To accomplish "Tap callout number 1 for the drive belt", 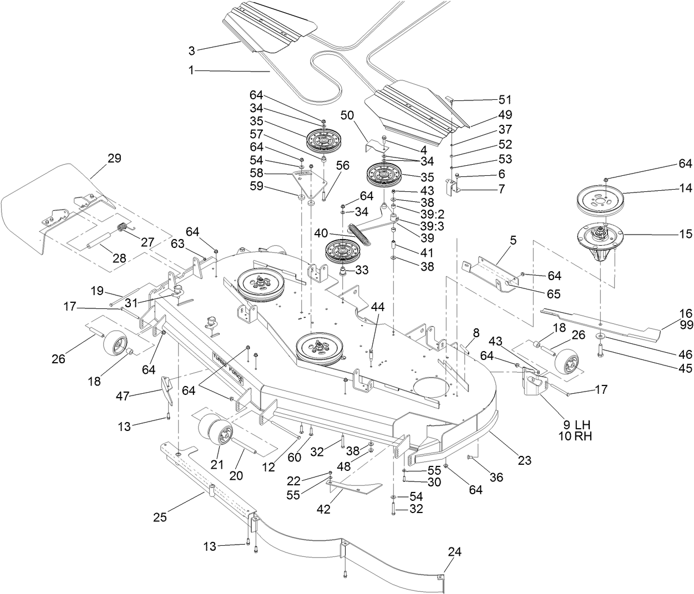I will pos(191,71).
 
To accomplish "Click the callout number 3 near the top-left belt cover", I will pos(191,50).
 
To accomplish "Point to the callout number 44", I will pos(378,306).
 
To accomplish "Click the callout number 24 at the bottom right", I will pos(455,552).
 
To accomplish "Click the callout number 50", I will pos(347,115).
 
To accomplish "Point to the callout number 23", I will pos(524,460).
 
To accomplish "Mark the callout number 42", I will pos(323,509).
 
